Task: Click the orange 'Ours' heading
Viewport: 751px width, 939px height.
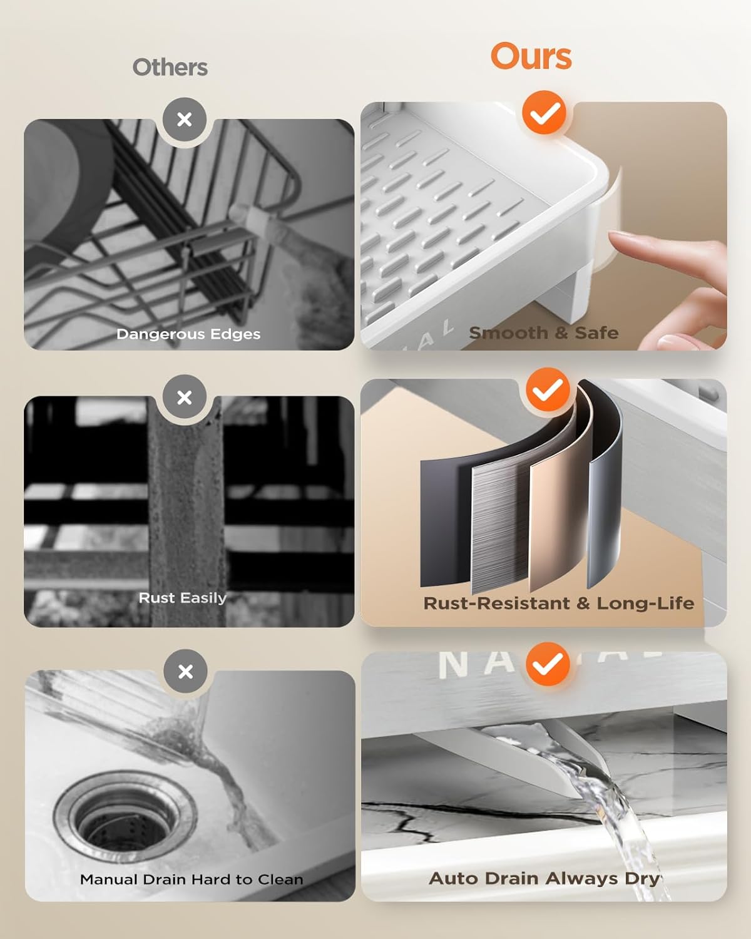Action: (531, 56)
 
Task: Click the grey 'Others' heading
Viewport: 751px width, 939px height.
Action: (170, 68)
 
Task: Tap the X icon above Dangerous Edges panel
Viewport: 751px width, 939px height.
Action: (185, 120)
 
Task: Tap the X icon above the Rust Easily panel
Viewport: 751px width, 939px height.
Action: (185, 397)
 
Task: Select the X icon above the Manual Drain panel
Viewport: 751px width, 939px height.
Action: (185, 672)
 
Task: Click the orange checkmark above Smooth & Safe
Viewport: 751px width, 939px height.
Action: (544, 113)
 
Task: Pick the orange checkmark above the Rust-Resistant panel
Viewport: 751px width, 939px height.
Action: (548, 389)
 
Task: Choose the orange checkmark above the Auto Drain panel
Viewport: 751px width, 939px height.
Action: (548, 664)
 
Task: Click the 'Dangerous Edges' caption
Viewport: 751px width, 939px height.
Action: (188, 334)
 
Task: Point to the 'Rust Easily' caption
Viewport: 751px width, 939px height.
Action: (182, 598)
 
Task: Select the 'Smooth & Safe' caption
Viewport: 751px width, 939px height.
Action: (544, 333)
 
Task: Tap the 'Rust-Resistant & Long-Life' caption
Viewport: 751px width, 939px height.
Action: (559, 603)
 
